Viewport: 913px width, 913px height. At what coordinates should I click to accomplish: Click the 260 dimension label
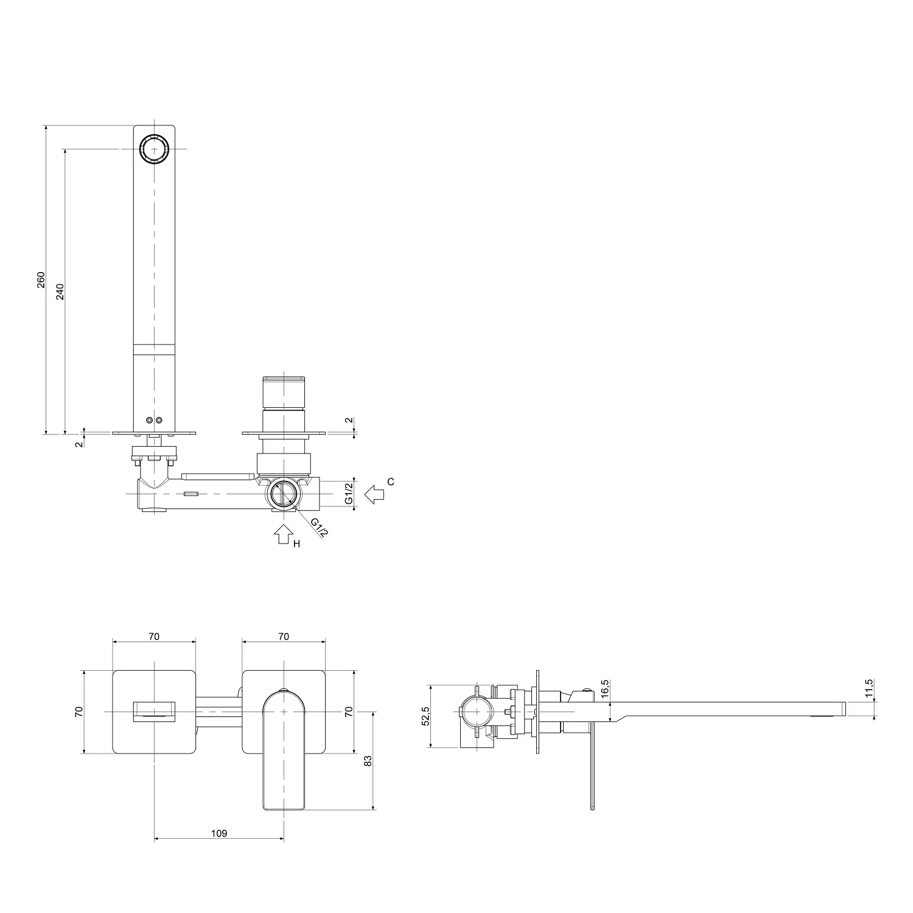[x=41, y=279]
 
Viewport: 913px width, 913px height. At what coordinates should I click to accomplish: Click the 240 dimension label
[x=60, y=292]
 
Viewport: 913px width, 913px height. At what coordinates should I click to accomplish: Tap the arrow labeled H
[x=281, y=535]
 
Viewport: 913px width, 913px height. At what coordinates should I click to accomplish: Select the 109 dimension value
[x=219, y=833]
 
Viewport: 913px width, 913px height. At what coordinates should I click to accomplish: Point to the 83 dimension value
[x=367, y=761]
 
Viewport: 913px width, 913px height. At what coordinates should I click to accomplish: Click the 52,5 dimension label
[x=425, y=716]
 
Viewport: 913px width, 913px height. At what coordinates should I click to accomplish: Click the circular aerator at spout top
[x=154, y=149]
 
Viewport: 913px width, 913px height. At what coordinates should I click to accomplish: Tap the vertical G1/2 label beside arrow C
[x=349, y=493]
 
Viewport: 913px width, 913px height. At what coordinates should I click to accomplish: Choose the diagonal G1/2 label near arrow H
[x=319, y=527]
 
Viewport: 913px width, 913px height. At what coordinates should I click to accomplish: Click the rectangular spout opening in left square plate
[x=154, y=711]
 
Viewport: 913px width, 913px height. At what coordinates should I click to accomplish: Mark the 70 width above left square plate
[x=154, y=637]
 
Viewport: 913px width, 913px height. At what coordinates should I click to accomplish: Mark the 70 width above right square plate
[x=284, y=637]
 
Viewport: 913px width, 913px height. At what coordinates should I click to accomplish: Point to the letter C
[x=391, y=482]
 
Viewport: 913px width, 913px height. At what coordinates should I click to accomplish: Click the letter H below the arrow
[x=297, y=544]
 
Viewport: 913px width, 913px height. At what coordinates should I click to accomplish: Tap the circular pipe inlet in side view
[x=475, y=711]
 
